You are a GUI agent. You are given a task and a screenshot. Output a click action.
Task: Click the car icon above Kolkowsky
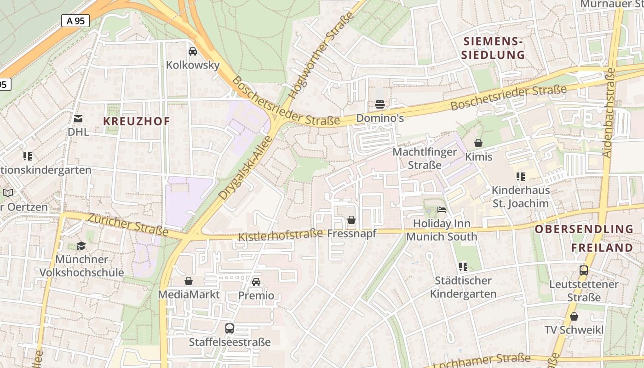[x=193, y=51]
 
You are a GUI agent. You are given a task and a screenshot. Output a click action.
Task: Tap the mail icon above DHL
[x=78, y=119]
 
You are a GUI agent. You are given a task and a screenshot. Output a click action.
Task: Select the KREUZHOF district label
[x=137, y=121]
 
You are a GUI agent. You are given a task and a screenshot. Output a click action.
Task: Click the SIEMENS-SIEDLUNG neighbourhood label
[x=493, y=48]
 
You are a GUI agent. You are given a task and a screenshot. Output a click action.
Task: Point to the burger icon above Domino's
[x=379, y=104]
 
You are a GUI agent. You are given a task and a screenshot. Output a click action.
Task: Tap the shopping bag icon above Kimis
[x=478, y=143]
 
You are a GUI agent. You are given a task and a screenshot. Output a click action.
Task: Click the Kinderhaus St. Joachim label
[x=520, y=197]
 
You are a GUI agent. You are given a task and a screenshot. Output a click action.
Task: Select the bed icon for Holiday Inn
[x=442, y=210]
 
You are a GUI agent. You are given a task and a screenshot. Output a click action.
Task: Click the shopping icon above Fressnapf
[x=351, y=220]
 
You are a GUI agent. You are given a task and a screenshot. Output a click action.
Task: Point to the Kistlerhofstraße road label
[x=281, y=235]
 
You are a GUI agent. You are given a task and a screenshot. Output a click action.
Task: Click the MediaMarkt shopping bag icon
[x=189, y=281]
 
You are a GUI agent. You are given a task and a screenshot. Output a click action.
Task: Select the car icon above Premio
[x=256, y=282]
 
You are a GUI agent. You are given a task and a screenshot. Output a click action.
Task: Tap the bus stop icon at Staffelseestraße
[x=230, y=328]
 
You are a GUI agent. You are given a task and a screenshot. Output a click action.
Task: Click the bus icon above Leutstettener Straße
[x=584, y=270]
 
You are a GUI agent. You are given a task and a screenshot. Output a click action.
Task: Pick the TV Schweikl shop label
[x=574, y=330]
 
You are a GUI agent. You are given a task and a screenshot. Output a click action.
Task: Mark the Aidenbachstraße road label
[x=609, y=113]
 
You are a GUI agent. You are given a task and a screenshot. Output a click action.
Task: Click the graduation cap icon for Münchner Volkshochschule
[x=81, y=246]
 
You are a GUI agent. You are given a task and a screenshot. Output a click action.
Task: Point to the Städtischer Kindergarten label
[x=463, y=287]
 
